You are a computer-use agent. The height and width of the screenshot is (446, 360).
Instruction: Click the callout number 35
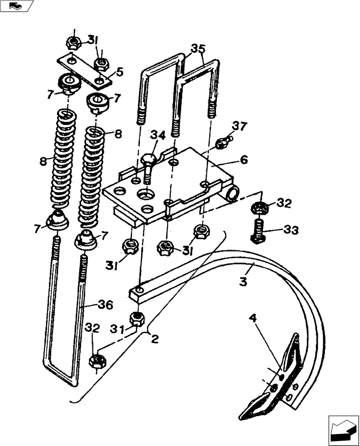pyautogui.click(x=199, y=48)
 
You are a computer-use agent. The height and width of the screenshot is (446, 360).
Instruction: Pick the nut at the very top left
pyautogui.click(x=73, y=43)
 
